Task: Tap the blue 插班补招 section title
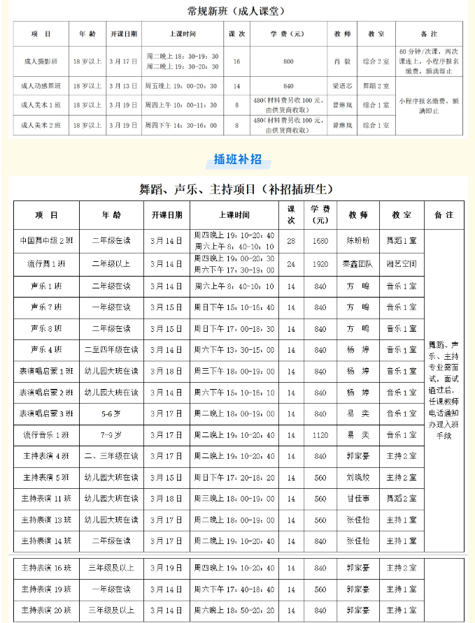238,159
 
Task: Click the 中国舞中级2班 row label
46,240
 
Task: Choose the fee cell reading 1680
320,240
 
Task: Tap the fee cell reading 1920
320,264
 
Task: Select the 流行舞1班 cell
46,264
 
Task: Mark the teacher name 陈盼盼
357,240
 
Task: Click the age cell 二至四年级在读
111,350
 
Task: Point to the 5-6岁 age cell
111,414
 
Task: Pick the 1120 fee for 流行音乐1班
320,435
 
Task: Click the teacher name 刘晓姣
357,478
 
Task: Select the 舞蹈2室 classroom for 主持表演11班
402,499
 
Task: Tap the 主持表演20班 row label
46,611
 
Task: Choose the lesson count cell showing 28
291,240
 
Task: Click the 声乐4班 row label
46,350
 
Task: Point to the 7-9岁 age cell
111,435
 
